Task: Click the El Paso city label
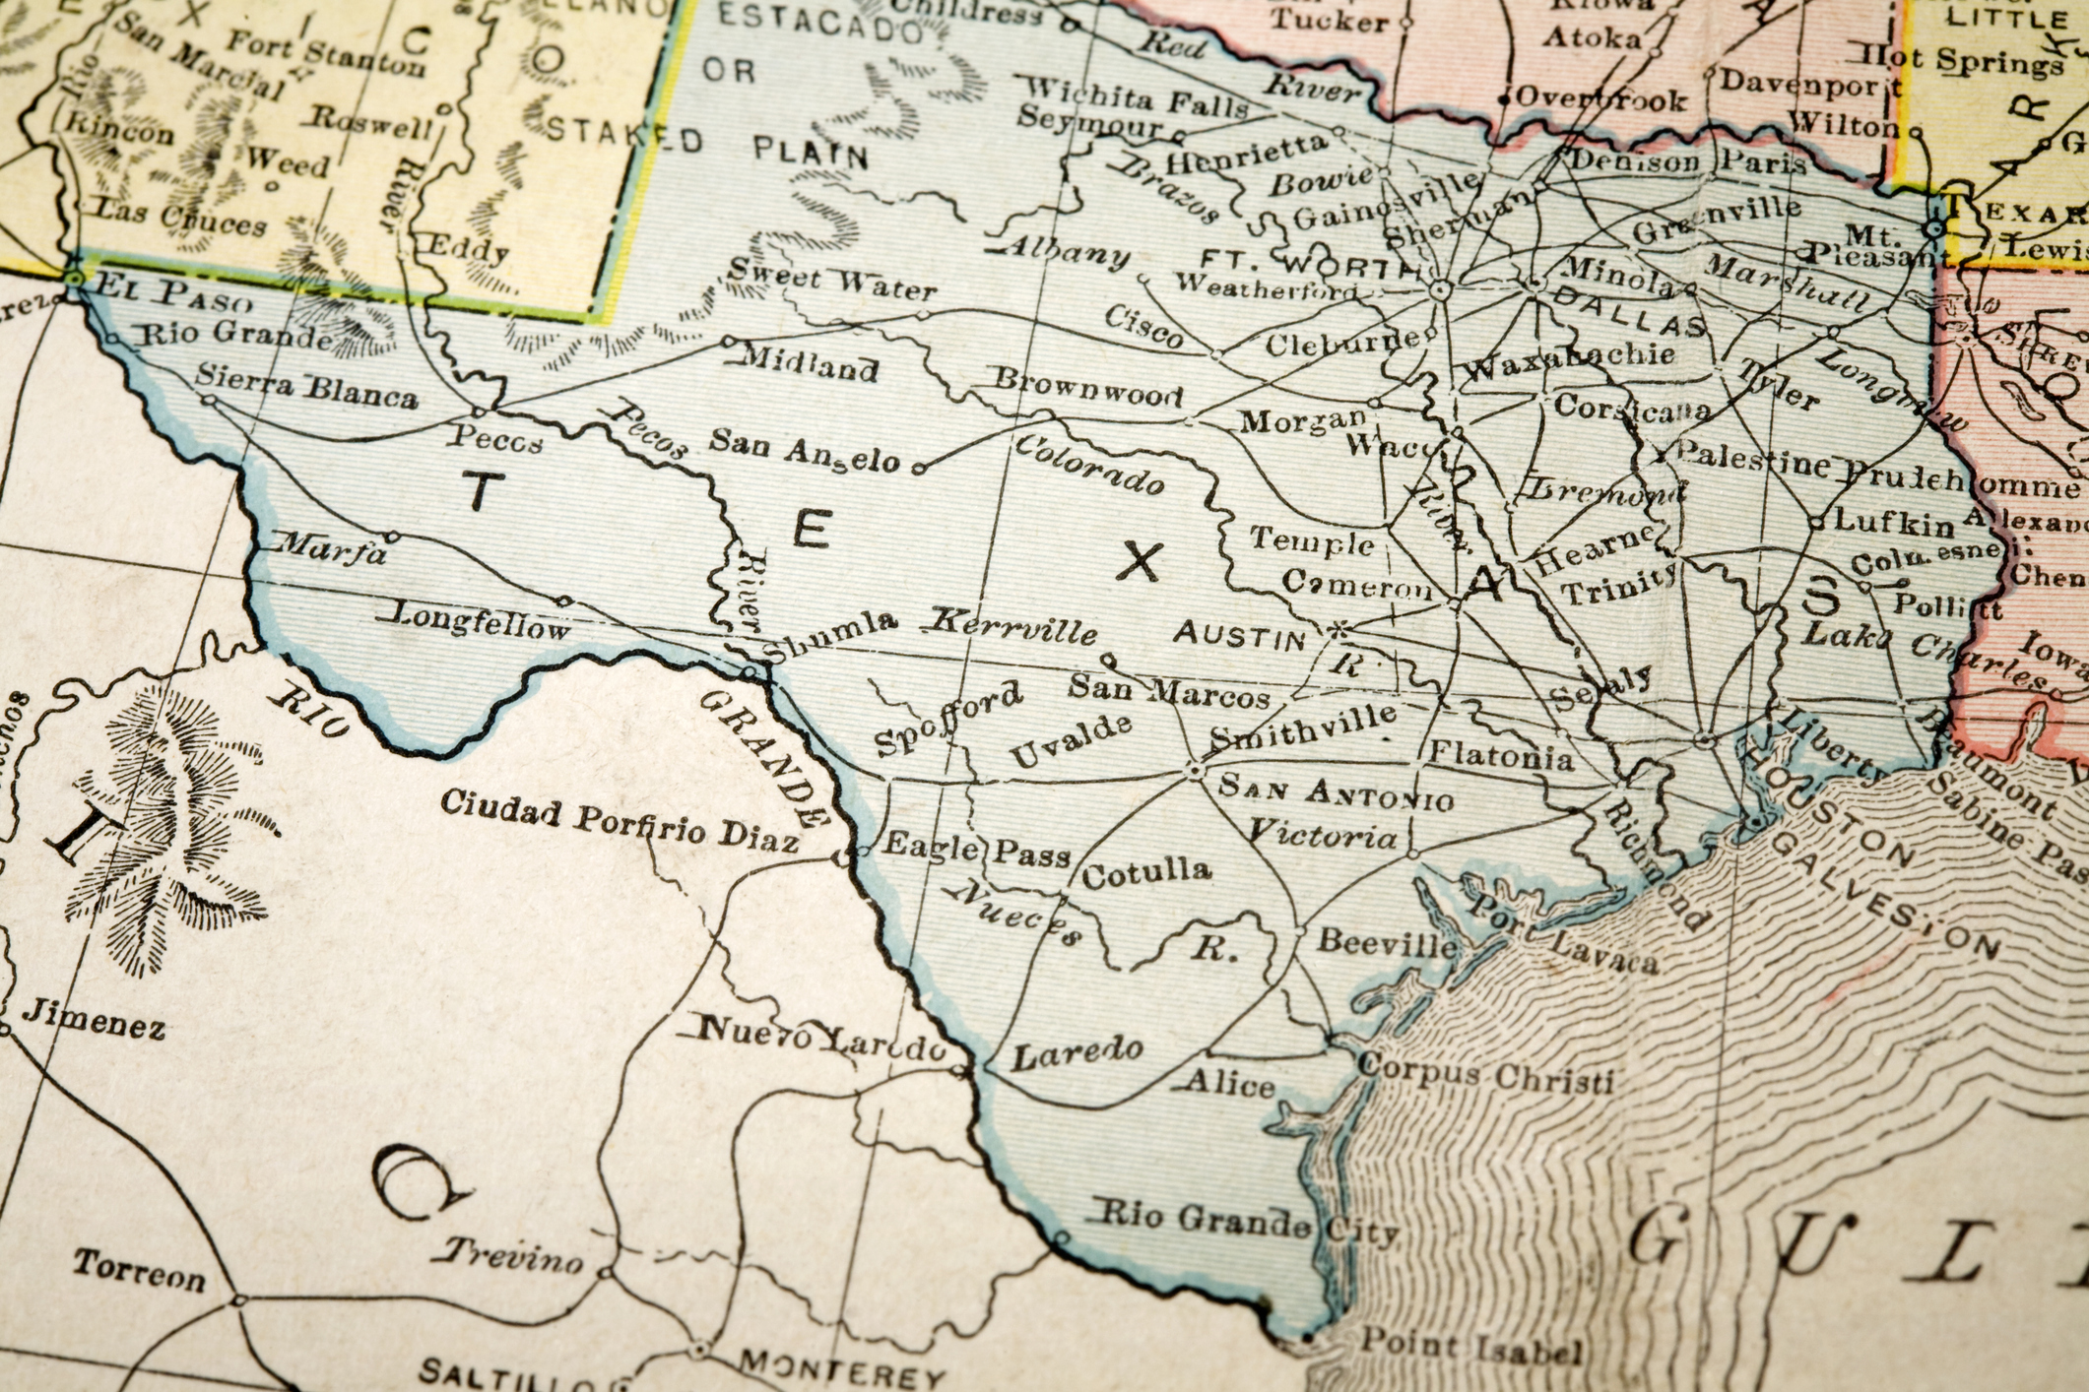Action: tap(164, 292)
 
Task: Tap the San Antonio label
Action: tap(1336, 791)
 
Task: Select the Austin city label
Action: tap(1239, 637)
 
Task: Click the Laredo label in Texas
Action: tap(1077, 1053)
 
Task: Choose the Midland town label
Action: tap(809, 363)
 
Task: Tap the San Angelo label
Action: tap(805, 450)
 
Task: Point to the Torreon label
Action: tap(139, 1271)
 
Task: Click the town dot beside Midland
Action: tap(728, 342)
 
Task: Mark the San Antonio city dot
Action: tap(1195, 770)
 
